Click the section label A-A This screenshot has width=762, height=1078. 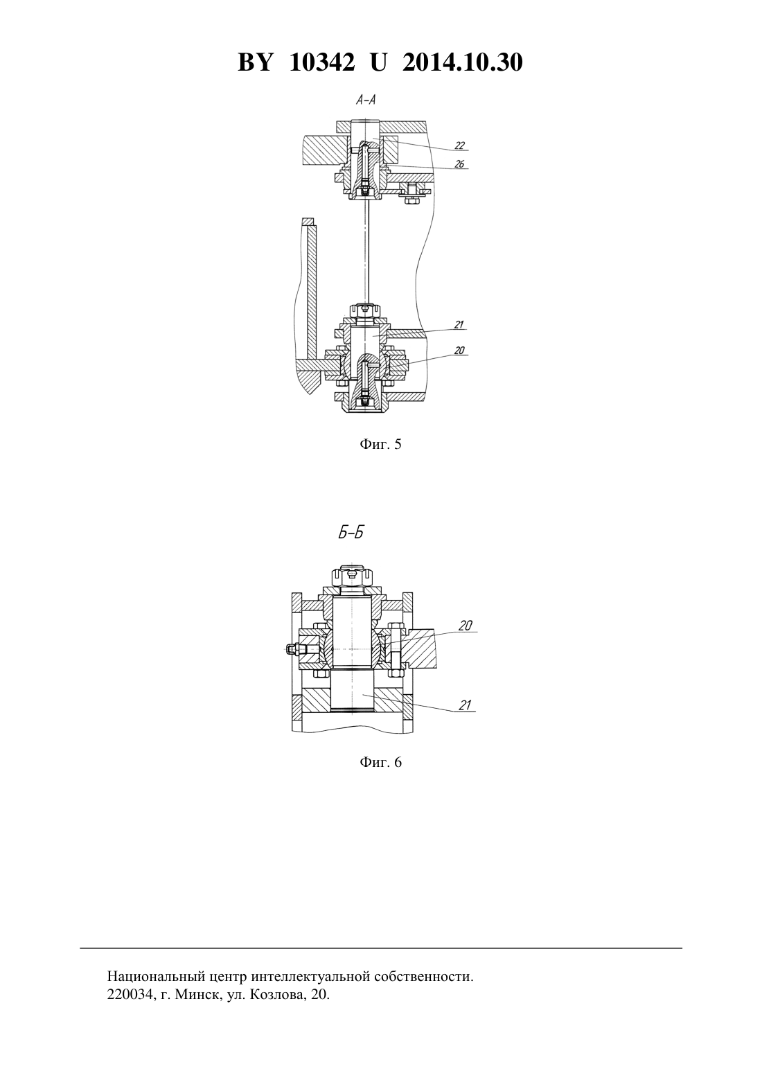(366, 100)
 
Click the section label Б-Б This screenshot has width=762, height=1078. (351, 533)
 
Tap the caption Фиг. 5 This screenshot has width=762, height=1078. (380, 444)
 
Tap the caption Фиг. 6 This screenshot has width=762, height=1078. (380, 763)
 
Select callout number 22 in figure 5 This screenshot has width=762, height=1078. (460, 145)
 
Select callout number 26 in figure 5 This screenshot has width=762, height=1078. (460, 165)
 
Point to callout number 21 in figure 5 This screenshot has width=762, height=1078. (459, 325)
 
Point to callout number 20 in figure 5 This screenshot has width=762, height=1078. (459, 351)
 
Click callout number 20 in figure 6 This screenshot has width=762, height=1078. (466, 626)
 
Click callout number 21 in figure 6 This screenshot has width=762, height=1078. (465, 705)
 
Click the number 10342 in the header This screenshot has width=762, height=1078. (322, 63)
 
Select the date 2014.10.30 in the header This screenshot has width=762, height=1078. (462, 63)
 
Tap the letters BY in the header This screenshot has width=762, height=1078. (256, 63)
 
